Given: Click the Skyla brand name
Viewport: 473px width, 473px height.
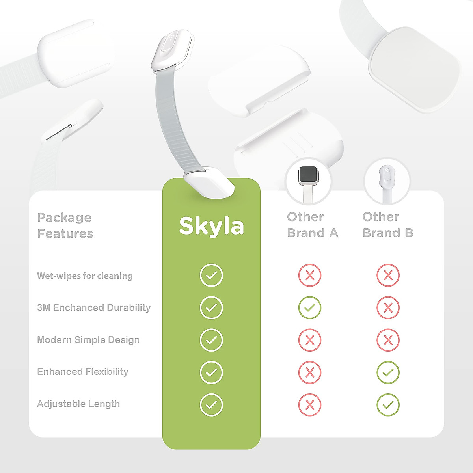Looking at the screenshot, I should (211, 226).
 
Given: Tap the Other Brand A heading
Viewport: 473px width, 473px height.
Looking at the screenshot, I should (313, 225).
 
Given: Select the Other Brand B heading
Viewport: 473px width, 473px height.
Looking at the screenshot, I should (388, 225).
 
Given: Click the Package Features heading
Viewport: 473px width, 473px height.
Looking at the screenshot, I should (65, 225).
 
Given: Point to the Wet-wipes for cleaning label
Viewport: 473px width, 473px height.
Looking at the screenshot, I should (85, 276).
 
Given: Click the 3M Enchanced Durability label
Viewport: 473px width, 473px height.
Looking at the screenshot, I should (94, 307).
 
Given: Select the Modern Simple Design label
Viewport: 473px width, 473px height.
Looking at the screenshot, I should (88, 340).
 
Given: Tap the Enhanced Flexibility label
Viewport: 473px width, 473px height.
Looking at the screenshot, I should (83, 372).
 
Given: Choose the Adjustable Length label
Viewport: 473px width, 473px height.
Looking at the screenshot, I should (78, 404).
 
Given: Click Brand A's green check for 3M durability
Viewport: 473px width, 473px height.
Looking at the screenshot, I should (310, 307).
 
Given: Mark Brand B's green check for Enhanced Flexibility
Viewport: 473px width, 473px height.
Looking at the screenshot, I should (388, 372).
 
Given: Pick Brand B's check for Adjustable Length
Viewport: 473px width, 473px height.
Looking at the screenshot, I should (388, 404).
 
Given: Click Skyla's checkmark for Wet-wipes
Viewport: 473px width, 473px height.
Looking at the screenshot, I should (211, 275).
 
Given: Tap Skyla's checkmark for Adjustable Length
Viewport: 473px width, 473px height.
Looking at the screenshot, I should (211, 404).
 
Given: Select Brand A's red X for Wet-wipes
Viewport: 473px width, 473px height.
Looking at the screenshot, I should (310, 275).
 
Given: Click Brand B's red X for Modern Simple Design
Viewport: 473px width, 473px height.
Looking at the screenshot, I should (388, 340).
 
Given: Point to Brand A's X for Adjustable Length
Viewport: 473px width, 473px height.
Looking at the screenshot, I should (310, 404).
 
